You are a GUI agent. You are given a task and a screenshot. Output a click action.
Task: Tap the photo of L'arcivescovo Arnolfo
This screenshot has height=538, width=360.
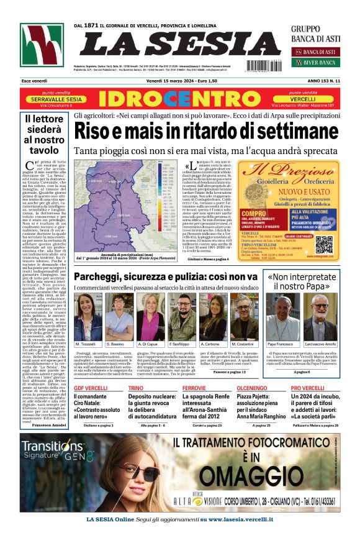pos(320,316)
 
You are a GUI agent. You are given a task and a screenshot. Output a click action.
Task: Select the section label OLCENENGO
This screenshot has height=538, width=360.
pos(251,388)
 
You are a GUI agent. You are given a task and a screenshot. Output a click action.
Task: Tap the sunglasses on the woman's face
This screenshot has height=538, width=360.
pos(124,475)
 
